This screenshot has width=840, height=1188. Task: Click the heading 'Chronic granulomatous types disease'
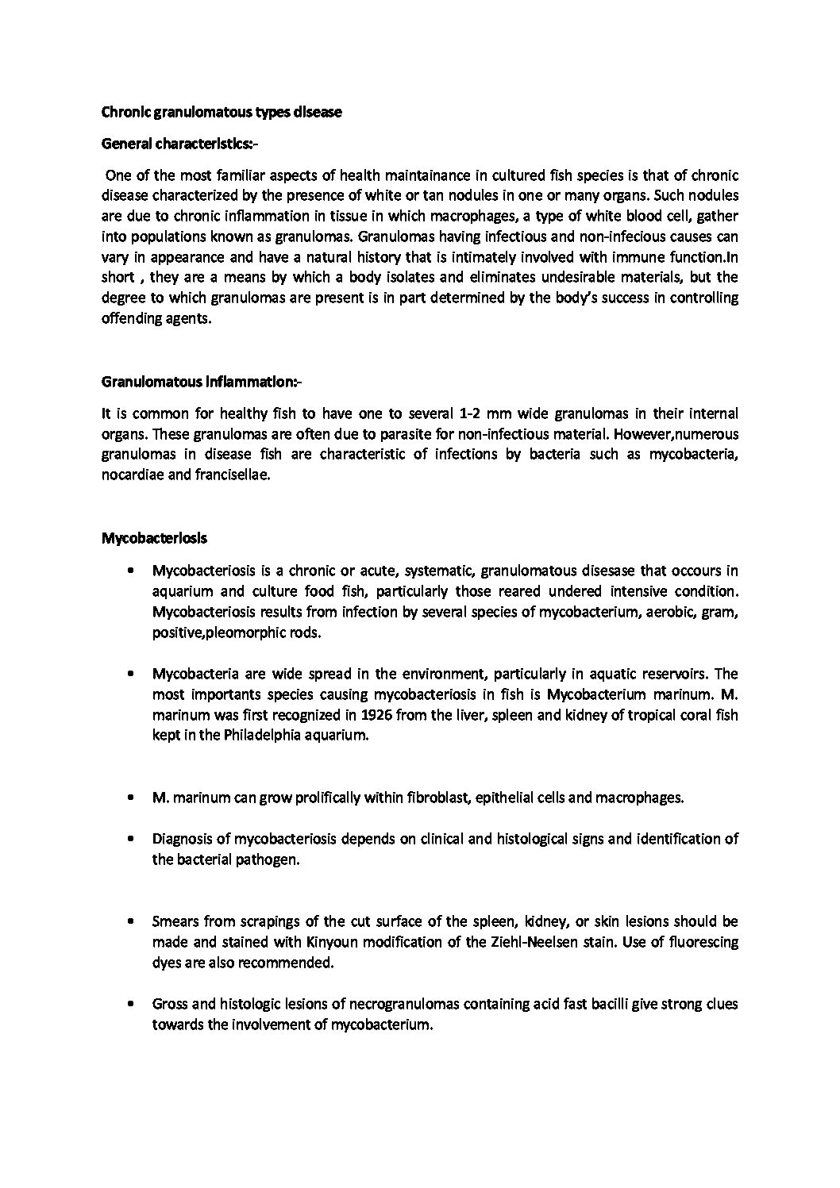point(222,113)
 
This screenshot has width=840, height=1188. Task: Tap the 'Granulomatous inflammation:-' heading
point(202,382)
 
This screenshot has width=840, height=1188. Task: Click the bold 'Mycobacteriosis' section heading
point(154,538)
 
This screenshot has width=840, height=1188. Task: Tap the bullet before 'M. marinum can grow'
point(129,798)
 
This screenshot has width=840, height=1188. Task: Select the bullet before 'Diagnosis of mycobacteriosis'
point(129,839)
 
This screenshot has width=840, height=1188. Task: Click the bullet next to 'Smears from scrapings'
point(129,921)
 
